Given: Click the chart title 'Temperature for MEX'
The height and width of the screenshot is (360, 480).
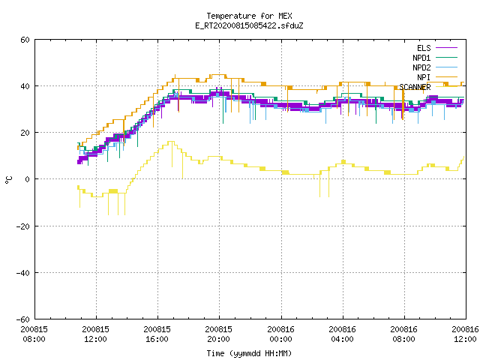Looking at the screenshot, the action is click(x=249, y=16).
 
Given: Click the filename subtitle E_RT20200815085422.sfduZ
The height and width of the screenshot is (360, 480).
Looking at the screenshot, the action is click(x=249, y=25).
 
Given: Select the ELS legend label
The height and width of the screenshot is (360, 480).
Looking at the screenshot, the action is click(x=424, y=48).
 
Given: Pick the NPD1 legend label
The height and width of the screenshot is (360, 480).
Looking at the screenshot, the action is click(x=421, y=58).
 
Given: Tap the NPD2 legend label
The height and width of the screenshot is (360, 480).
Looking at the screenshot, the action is click(x=421, y=67).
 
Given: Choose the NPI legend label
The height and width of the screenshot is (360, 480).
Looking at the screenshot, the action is click(x=424, y=77).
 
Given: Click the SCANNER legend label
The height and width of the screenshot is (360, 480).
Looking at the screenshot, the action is click(x=415, y=87).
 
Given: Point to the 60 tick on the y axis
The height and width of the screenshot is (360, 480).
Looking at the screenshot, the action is click(x=25, y=40).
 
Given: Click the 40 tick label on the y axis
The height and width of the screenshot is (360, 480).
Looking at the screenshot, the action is click(x=25, y=86).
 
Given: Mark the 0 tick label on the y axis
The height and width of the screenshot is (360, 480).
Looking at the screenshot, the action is click(x=27, y=179).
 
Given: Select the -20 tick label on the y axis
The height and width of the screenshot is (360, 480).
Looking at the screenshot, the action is click(x=23, y=226).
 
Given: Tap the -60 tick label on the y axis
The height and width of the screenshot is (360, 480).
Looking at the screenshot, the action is click(x=23, y=319).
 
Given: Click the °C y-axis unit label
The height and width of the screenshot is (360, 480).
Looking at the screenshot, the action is click(x=9, y=180).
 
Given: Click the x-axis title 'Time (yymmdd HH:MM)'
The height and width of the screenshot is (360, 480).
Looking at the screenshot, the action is click(x=249, y=353).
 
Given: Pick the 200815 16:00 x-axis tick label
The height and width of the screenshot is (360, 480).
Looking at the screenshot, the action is click(x=157, y=334).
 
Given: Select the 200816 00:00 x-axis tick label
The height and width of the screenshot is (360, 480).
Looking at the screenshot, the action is click(x=280, y=334).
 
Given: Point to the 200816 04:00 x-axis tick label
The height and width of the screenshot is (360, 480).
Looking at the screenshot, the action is click(x=342, y=334).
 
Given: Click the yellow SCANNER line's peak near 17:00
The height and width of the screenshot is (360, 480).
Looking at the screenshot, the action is click(x=171, y=142).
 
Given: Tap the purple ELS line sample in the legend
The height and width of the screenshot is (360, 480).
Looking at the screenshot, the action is click(x=447, y=48).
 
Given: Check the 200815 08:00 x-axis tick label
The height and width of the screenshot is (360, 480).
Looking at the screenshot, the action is click(x=34, y=334).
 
